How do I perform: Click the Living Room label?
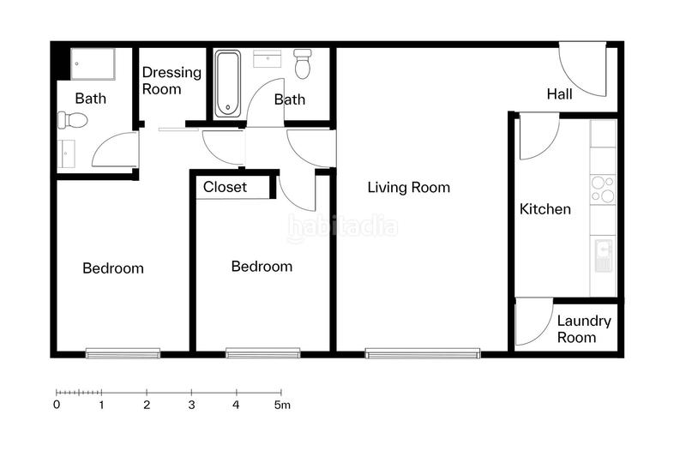pyautogui.click(x=408, y=188)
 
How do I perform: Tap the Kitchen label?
pyautogui.click(x=545, y=209)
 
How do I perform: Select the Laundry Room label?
pyautogui.click(x=584, y=329)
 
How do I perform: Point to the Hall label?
pyautogui.click(x=559, y=94)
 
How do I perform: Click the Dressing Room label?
pyautogui.click(x=171, y=81)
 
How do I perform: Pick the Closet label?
pyautogui.click(x=226, y=187)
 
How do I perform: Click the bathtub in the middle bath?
pyautogui.click(x=228, y=84)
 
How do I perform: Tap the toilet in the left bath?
pyautogui.click(x=75, y=120)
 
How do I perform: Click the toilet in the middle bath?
pyautogui.click(x=302, y=63)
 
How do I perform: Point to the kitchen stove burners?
pyautogui.click(x=603, y=189)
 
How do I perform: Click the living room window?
pyautogui.click(x=423, y=352)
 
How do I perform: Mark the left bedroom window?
pyautogui.click(x=123, y=352)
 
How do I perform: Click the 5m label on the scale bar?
pyautogui.click(x=283, y=405)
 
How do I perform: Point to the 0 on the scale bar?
pyautogui.click(x=57, y=405)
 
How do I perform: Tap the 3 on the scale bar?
pyautogui.click(x=191, y=405)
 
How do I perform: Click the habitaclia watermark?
pyautogui.click(x=342, y=227)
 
